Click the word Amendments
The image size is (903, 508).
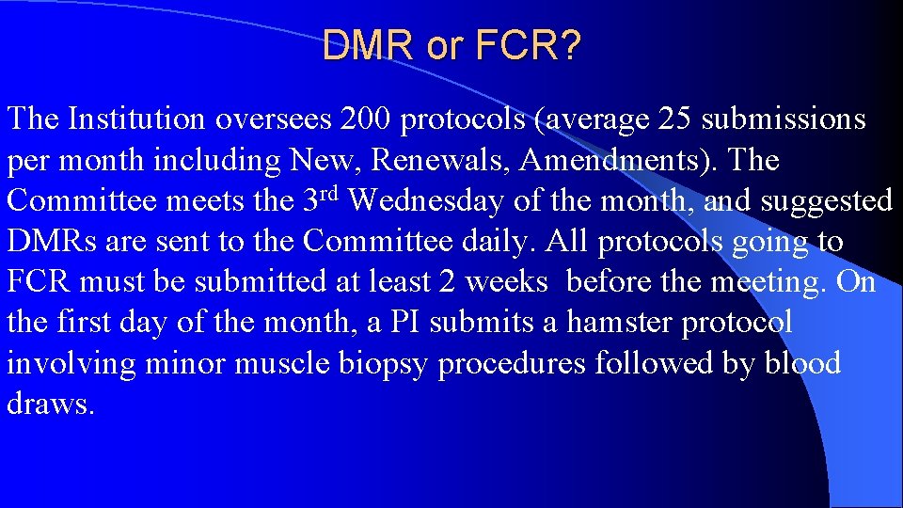point(613,160)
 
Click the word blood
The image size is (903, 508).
point(801,363)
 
